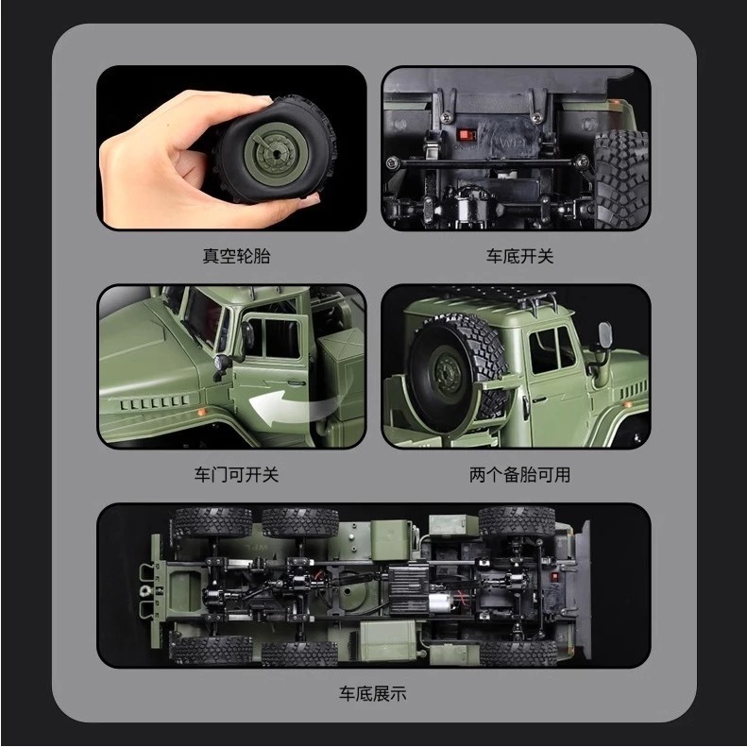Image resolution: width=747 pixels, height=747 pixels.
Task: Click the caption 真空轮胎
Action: coord(235,256)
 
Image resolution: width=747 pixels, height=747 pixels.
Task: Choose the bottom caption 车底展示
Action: coord(373,693)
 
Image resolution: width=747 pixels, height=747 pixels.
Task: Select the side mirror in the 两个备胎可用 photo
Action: coord(604,336)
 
